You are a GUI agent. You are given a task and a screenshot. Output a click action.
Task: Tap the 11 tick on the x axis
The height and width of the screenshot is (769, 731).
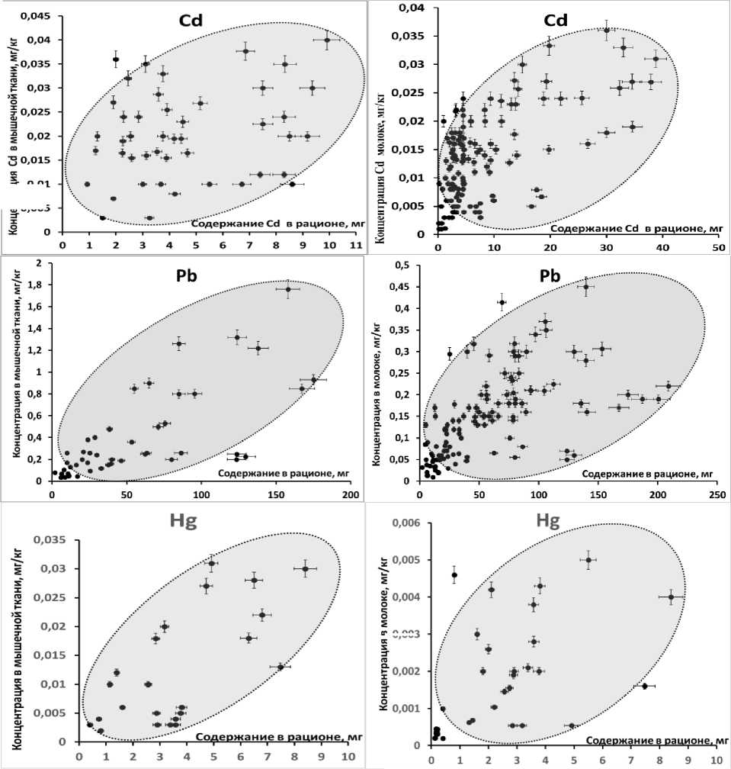(x=354, y=245)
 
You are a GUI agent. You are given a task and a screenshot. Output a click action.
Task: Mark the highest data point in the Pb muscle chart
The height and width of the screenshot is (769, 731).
(x=288, y=289)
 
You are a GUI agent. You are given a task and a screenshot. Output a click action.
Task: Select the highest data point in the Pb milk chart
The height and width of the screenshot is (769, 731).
(x=586, y=287)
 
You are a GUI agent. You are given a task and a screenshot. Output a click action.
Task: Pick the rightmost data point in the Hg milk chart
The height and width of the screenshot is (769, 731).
(x=671, y=597)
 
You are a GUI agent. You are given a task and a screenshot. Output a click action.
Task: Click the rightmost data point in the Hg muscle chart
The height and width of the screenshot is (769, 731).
(x=305, y=568)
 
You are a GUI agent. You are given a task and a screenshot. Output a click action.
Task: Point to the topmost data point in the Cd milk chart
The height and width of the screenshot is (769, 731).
(x=607, y=31)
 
